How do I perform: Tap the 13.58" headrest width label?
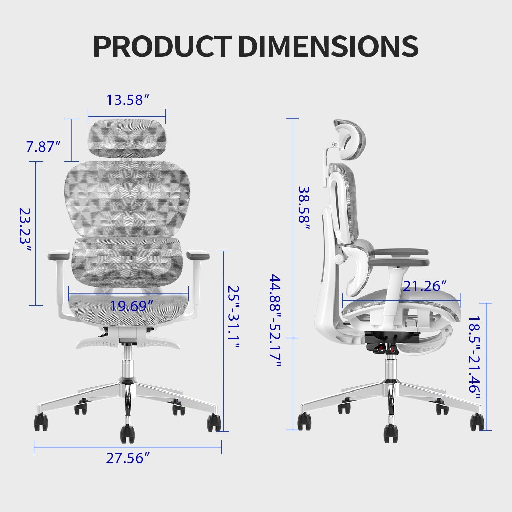(x=128, y=100)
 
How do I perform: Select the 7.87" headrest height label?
(x=43, y=147)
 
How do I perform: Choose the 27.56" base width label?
(x=128, y=458)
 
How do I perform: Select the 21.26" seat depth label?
(x=424, y=286)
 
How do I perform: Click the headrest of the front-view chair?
(x=127, y=139)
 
